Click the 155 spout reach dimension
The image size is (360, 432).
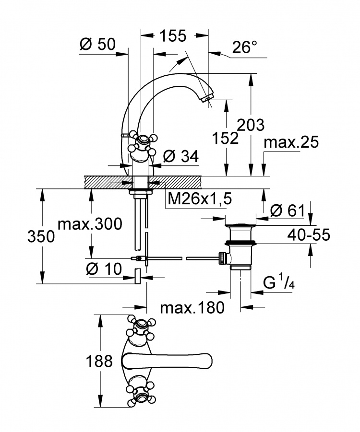173,36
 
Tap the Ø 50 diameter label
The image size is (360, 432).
97,44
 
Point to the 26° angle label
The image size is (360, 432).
245,47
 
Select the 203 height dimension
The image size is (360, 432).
251,125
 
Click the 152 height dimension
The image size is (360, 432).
225,138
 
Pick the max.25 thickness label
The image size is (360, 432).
291,142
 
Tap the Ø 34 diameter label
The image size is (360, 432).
180,157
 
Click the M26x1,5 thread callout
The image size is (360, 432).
200,198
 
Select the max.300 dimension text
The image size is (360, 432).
90,224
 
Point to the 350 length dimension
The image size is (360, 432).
41,237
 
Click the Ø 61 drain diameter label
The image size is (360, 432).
287,211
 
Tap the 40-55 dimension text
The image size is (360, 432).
309,235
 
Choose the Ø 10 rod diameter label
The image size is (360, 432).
104,269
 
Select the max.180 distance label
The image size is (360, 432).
192,307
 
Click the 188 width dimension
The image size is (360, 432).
99,361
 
